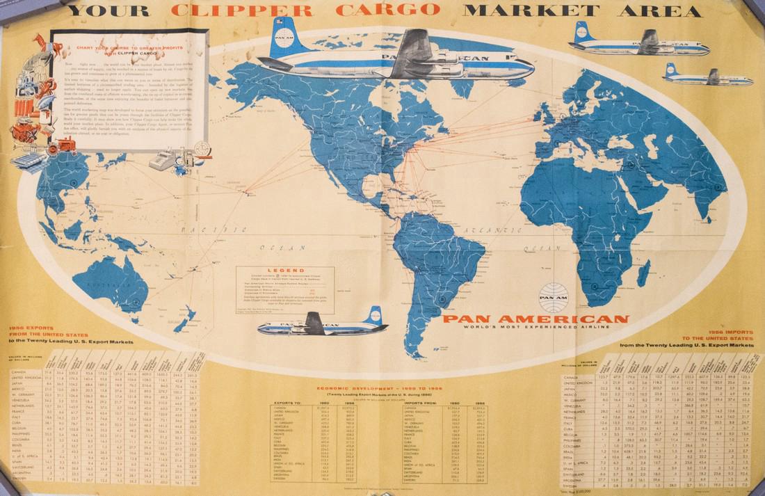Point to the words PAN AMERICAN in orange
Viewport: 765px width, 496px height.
click(x=535, y=319)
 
